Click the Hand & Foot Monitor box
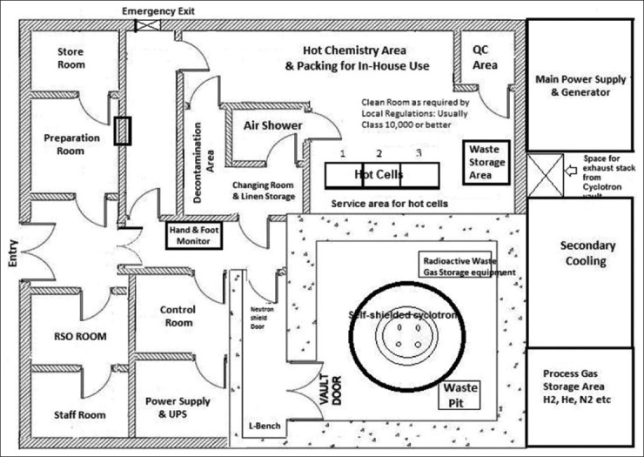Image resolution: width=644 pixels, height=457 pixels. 196,233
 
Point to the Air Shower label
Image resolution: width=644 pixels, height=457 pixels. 273,125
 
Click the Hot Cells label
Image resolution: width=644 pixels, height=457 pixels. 379,175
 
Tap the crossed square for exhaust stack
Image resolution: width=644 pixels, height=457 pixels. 543,175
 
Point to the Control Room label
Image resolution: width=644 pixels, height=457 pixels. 178,316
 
